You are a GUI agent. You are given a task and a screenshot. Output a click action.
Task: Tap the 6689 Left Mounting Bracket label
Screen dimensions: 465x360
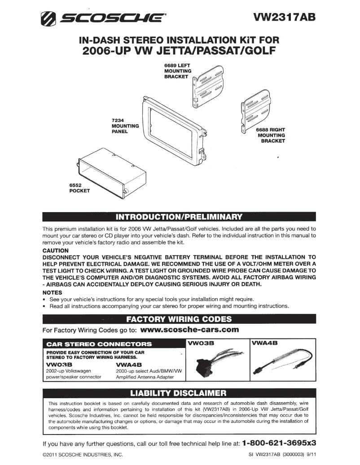coord(178,71)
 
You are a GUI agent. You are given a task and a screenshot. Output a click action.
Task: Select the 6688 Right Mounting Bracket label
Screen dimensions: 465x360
coord(271,135)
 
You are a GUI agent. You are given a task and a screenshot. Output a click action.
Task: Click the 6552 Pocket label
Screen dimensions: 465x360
coord(79,187)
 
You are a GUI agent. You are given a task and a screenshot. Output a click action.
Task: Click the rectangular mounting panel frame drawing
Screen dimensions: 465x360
coord(172,130)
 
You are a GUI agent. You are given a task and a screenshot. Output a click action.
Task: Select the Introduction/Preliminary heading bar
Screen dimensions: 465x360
coord(180,217)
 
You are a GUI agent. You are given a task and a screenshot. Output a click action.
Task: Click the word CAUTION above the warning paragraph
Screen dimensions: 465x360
coord(55,251)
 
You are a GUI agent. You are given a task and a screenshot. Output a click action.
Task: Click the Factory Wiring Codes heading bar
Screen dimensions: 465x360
coord(180,319)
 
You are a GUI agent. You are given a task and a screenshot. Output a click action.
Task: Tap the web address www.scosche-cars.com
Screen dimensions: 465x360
coord(189,330)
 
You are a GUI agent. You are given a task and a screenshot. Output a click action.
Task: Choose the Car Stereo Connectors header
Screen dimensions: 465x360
coord(99,344)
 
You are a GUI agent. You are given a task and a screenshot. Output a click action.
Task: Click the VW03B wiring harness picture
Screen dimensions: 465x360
coord(218,363)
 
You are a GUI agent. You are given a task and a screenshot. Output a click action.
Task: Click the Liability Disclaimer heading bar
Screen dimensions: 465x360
coord(180,394)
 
